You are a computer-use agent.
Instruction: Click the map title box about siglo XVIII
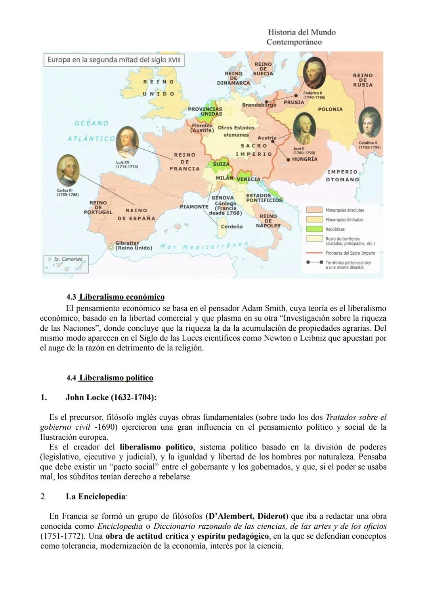114,60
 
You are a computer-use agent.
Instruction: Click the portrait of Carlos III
68,171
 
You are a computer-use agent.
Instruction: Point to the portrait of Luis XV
127,143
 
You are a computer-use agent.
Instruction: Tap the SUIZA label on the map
221,164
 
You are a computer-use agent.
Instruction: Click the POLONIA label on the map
330,109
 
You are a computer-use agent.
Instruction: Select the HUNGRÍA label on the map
304,159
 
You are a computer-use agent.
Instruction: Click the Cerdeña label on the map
231,227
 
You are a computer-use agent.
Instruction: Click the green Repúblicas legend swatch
314,229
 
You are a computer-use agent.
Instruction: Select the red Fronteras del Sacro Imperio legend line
314,253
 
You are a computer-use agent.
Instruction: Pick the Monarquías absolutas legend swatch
314,210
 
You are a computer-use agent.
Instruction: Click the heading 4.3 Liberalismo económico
115,297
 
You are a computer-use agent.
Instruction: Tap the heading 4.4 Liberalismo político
110,378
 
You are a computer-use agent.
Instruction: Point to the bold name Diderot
271,516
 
